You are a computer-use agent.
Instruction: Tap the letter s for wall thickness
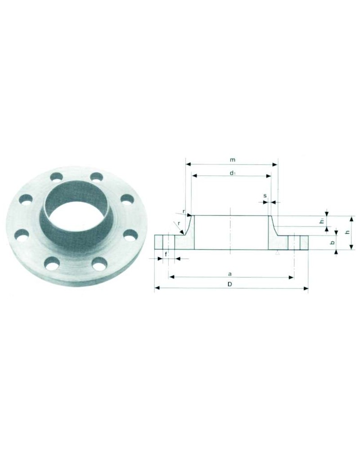(x=265, y=196)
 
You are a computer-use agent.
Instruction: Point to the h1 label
(x=322, y=221)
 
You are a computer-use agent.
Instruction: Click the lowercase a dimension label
(x=229, y=273)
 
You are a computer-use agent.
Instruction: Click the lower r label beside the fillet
(x=179, y=223)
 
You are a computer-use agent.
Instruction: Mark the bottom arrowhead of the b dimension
(x=336, y=252)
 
